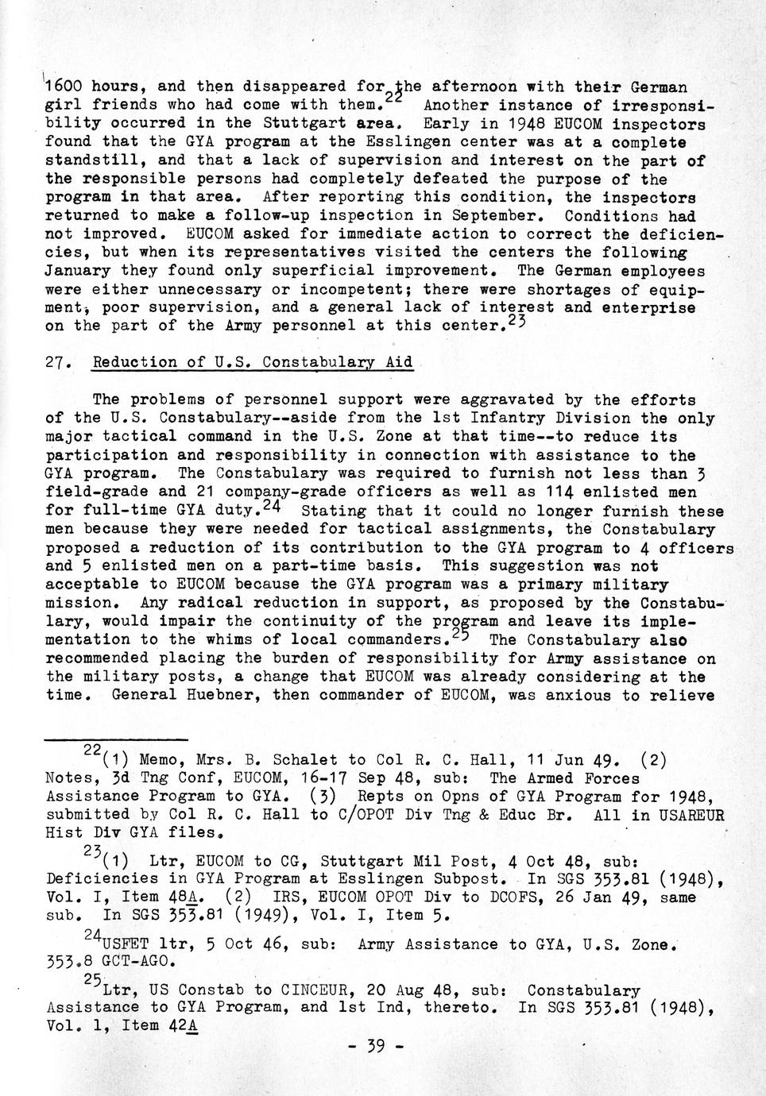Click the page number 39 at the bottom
(x=377, y=1046)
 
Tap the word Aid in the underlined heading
(x=399, y=363)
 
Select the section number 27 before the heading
(x=55, y=363)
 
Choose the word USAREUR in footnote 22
(x=690, y=814)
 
